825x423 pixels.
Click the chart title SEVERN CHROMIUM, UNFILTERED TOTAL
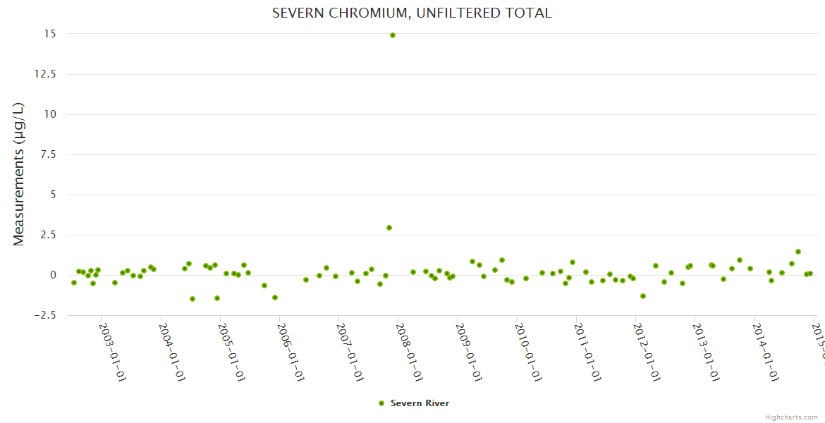coord(412,13)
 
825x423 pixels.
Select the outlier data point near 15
coord(393,35)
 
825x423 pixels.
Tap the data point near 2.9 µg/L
coord(389,228)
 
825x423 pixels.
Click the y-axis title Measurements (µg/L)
coord(19,174)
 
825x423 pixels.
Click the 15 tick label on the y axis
coord(51,34)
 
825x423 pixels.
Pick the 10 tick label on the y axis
coord(51,114)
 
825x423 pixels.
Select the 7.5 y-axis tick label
coord(49,154)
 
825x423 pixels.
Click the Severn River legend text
coord(420,403)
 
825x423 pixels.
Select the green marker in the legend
coord(381,403)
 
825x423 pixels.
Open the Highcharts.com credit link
coord(791,417)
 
